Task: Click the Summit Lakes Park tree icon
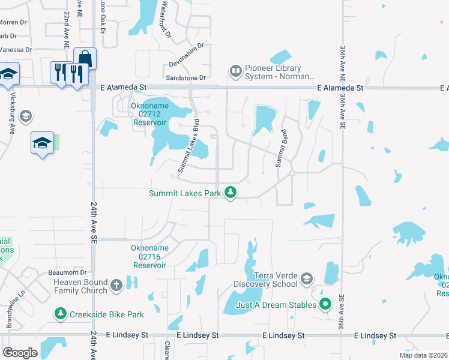click(231, 193)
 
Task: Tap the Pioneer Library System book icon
click(235, 72)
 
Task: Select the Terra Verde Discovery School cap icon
click(307, 279)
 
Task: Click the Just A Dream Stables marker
click(325, 305)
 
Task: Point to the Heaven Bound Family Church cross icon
click(116, 286)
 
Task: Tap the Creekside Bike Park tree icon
click(60, 314)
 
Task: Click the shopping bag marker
click(85, 59)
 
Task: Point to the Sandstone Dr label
click(186, 78)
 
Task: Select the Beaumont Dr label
click(68, 273)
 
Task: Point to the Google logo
click(20, 353)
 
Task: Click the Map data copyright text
click(423, 355)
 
